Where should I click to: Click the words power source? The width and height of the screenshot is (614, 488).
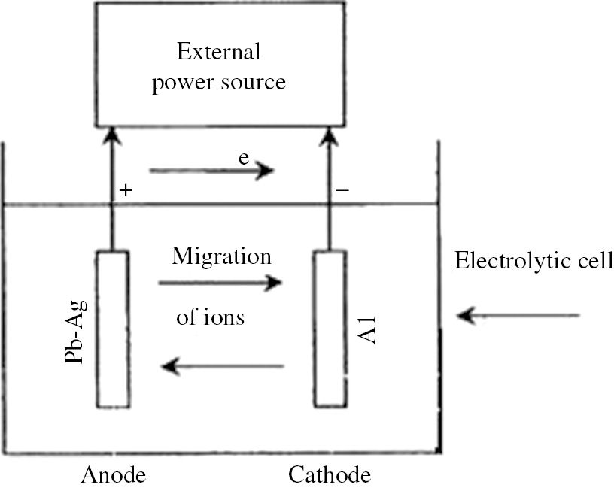click(218, 81)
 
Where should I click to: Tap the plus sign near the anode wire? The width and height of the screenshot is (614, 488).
click(125, 192)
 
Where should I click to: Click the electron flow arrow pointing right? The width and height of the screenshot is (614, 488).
click(211, 171)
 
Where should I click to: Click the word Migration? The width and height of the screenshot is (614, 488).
click(220, 256)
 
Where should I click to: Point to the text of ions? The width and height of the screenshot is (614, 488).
click(210, 317)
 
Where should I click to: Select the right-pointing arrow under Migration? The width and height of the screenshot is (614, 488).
click(219, 283)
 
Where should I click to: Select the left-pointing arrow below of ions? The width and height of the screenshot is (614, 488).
click(223, 367)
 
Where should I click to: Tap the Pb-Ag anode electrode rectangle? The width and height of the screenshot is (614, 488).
click(112, 329)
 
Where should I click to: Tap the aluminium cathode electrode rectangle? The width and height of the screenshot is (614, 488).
click(330, 329)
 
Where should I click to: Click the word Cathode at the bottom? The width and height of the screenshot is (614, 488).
click(329, 475)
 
